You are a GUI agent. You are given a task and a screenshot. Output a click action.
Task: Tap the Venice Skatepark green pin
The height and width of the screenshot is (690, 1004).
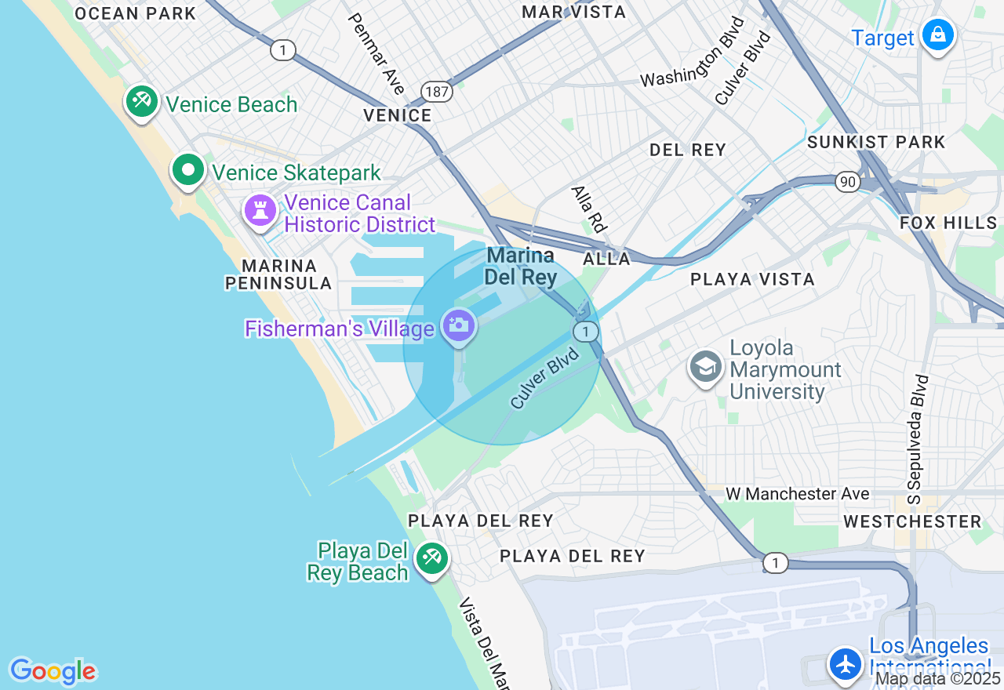click(x=188, y=170)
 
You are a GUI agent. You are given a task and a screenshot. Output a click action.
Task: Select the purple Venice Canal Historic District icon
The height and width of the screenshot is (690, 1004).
click(x=260, y=210)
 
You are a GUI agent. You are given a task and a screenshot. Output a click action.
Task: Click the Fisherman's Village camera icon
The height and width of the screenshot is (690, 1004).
click(x=459, y=325)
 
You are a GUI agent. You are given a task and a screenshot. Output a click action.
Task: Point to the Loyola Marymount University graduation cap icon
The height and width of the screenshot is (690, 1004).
click(x=706, y=366)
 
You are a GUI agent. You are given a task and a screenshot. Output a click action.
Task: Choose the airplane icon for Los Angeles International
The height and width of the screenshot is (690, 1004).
click(x=846, y=663)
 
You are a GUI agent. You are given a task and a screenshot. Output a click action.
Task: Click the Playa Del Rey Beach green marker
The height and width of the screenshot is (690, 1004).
click(x=431, y=558)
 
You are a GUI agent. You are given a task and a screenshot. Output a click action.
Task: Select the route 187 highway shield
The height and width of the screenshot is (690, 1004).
click(x=437, y=92)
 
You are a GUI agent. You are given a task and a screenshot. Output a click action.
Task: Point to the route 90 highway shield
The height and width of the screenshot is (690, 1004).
click(x=847, y=182)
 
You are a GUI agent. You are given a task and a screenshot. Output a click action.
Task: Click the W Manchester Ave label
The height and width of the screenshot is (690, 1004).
click(x=797, y=493)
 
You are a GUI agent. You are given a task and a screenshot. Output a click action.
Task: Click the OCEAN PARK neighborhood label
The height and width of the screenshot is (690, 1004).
click(x=136, y=13)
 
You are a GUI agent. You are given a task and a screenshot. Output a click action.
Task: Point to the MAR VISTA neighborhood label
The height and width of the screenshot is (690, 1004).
click(x=574, y=12)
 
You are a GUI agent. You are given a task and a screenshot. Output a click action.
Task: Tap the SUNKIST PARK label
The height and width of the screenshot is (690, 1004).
click(x=876, y=142)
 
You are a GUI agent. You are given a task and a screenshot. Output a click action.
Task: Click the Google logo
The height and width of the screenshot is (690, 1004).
click(x=53, y=671)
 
